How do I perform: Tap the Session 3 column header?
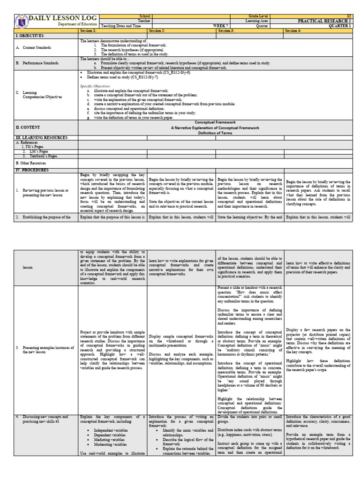(x=226, y=30)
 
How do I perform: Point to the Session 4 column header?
(x=293, y=30)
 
